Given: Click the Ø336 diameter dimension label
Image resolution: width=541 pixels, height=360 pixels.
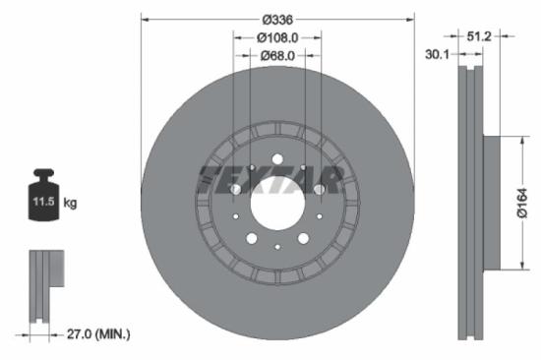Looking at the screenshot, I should point(276,18).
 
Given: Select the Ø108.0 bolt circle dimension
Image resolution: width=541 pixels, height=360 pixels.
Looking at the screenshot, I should point(276,37).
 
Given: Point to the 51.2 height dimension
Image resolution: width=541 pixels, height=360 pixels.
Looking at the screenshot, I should point(479,36).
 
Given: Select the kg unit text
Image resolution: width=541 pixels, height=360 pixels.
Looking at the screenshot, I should point(71,203).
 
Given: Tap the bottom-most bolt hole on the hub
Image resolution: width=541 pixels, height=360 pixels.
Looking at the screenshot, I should point(276,247).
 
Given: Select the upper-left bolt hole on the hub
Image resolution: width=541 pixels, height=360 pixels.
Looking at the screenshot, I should point(235,161).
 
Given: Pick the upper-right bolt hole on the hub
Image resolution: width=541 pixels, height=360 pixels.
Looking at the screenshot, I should point(318,161).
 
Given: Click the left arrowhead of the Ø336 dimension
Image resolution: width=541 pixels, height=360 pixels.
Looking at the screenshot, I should point(145,18).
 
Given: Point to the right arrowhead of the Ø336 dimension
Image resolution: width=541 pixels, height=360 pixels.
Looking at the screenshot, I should point(409,18).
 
